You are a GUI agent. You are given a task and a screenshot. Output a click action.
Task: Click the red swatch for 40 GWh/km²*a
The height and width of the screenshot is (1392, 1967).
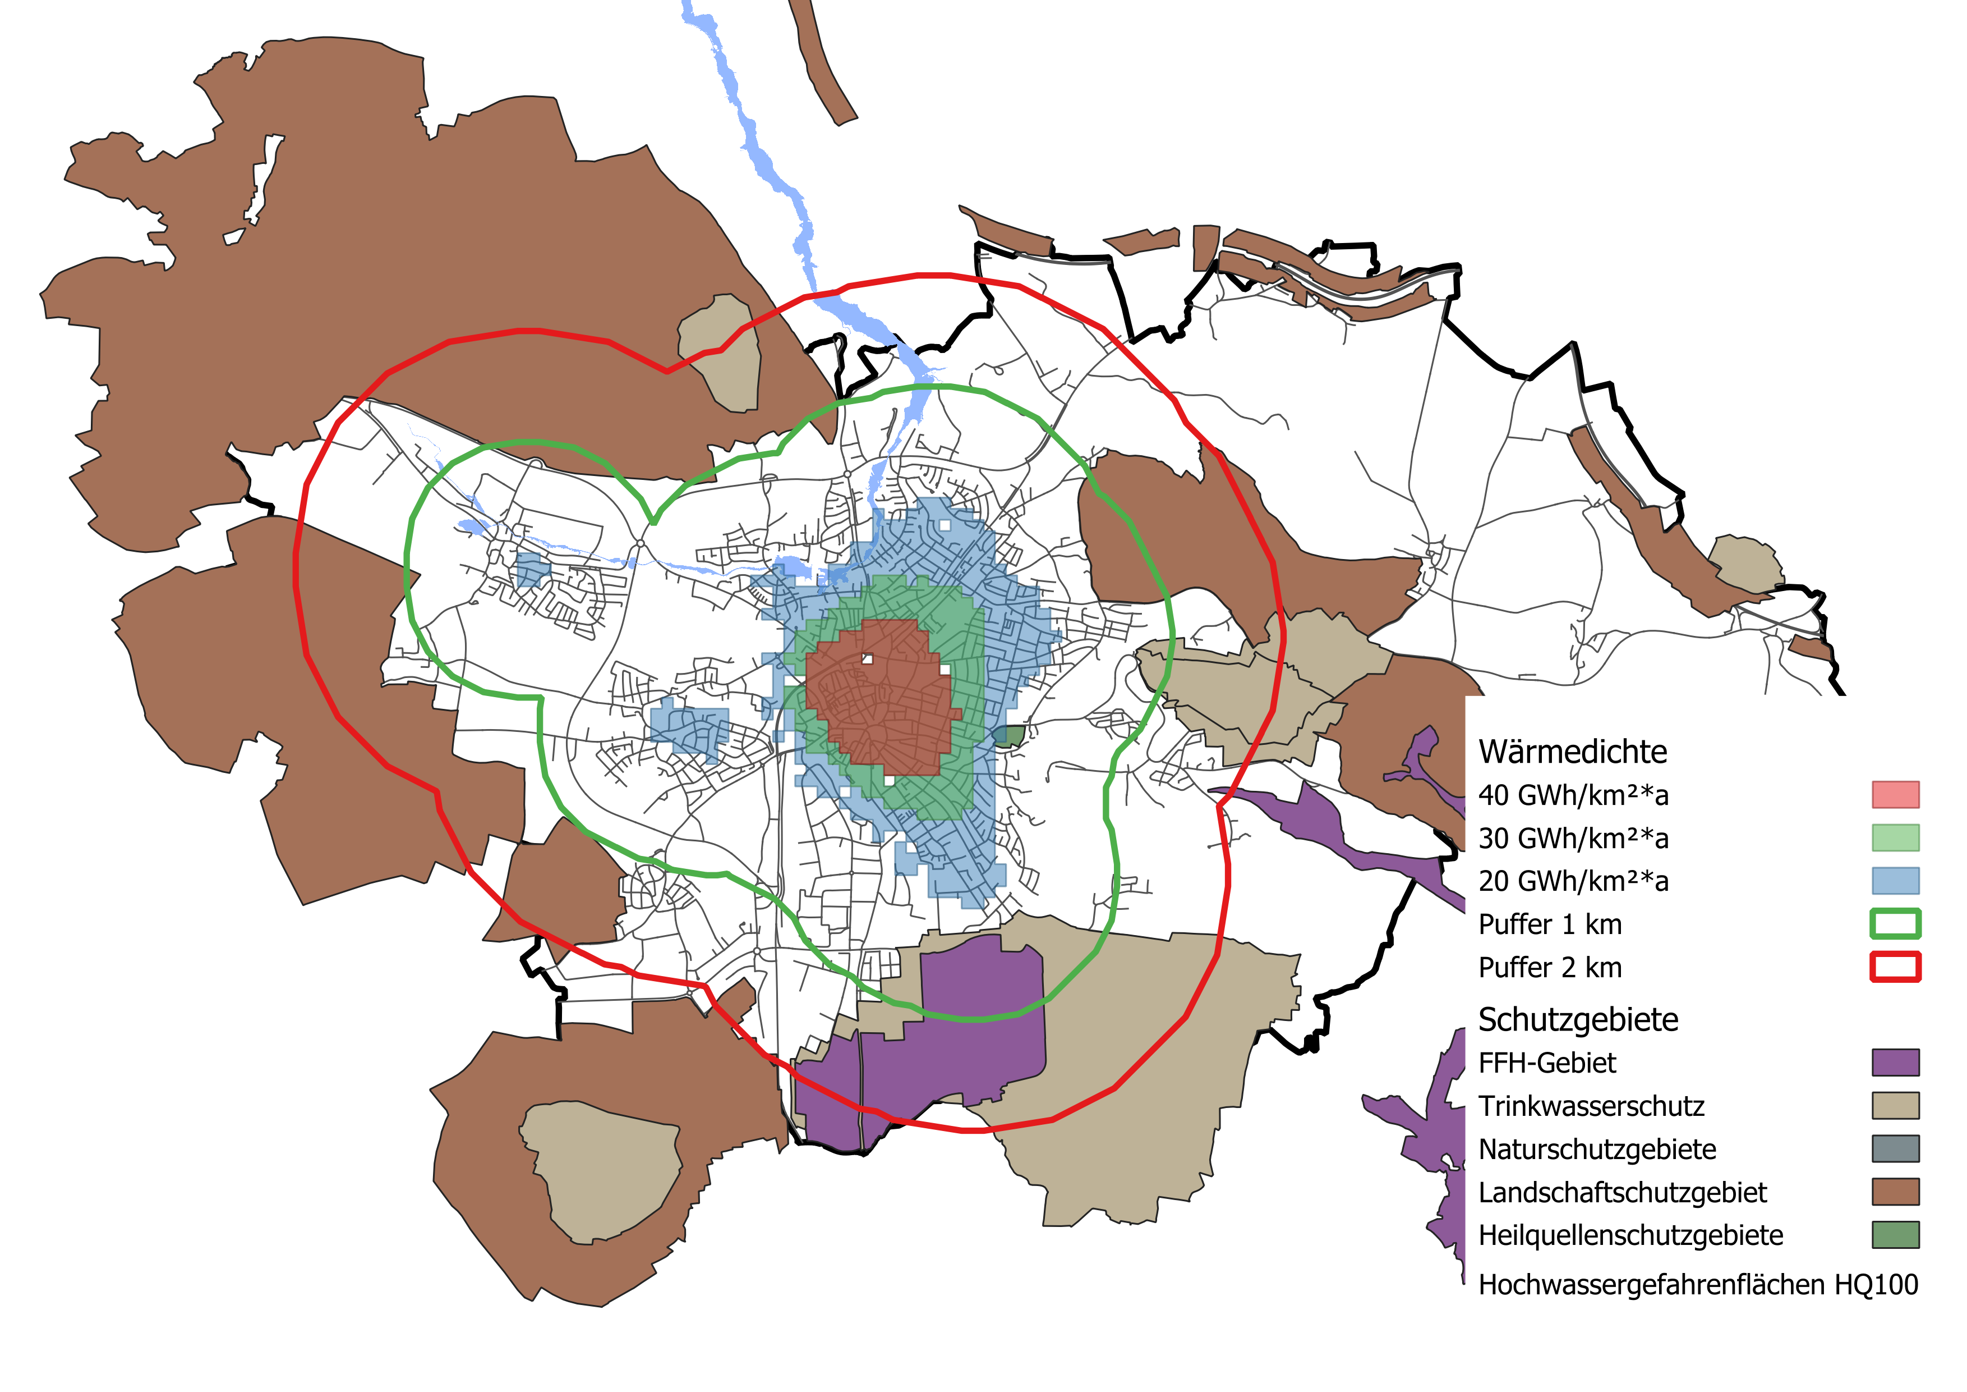point(1895,795)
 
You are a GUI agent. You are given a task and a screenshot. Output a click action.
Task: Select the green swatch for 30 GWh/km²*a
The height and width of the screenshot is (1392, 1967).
point(1895,837)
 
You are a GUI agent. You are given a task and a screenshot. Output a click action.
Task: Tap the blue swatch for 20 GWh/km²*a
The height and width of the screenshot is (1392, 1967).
point(1895,880)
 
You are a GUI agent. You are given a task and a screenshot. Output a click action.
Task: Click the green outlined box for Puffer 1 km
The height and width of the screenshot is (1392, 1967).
point(1895,924)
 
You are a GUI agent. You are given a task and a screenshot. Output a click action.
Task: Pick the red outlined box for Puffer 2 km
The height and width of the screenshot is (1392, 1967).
point(1895,967)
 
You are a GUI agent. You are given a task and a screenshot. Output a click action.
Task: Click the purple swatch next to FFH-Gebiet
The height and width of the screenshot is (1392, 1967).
point(1895,1063)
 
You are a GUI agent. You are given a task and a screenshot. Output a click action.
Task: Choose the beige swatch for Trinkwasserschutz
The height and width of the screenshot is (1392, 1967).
point(1895,1106)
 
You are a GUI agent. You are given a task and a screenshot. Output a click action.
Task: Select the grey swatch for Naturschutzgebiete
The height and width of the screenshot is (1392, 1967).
point(1895,1148)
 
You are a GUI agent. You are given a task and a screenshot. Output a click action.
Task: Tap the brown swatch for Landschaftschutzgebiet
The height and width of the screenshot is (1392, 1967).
point(1895,1192)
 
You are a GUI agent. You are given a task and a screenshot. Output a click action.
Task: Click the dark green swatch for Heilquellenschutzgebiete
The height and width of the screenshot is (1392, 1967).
point(1895,1235)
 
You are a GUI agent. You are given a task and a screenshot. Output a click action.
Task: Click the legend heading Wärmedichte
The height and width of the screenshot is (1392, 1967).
point(1572,752)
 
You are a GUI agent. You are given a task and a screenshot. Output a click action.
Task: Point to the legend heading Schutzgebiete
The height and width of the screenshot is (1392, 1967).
point(1578,1020)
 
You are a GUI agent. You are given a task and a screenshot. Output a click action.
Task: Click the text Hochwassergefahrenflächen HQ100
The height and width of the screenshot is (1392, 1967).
point(1698,1285)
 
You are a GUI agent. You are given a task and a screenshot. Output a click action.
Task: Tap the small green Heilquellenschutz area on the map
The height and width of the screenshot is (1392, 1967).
point(1009,735)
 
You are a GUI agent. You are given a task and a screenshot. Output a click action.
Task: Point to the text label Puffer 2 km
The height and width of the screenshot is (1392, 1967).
point(1550,968)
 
